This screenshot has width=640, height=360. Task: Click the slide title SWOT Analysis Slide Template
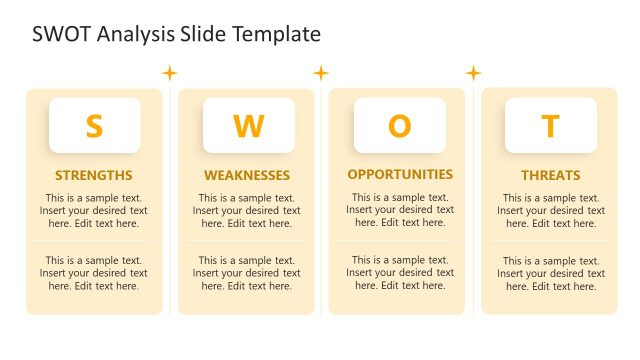176,34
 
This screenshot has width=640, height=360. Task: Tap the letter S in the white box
94,126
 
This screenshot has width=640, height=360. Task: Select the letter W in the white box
248,126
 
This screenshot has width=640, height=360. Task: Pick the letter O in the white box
399,126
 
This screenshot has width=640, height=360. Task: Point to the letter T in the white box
550,126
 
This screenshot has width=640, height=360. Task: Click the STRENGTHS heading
94,175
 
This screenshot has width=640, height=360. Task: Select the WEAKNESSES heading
247,175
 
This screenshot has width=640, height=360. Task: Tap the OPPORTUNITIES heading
400,174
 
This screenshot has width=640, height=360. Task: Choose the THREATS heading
550,175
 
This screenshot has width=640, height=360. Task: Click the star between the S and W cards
170,72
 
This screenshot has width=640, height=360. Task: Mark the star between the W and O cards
321,72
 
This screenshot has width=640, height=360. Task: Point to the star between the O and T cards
473,72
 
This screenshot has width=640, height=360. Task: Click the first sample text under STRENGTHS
94,211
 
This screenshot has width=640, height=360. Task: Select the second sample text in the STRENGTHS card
94,273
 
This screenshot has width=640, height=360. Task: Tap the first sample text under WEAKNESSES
247,211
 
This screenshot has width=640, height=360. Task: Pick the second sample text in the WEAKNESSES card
247,273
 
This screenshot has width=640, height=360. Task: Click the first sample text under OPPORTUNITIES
400,210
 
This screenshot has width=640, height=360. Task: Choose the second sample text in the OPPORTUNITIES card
400,272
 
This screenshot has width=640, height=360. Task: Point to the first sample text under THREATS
551,211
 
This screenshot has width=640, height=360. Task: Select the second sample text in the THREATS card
551,273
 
